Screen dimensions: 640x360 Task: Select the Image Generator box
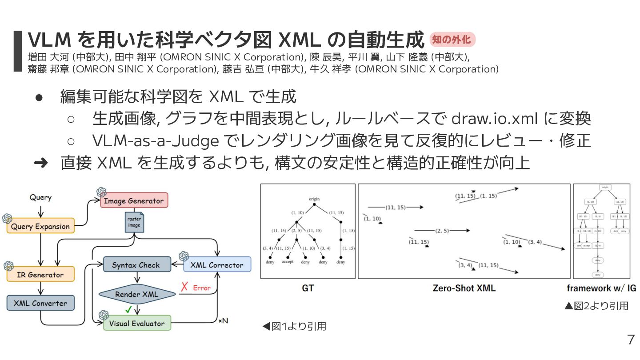tap(133, 201)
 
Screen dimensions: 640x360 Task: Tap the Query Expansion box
tap(40, 227)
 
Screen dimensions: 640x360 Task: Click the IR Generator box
tap(40, 275)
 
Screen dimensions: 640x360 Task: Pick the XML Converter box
tap(40, 304)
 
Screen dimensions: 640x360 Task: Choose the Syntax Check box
tap(136, 265)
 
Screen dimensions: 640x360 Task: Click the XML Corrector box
tap(217, 265)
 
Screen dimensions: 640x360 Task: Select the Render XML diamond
tap(136, 294)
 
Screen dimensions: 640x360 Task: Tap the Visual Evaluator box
tap(137, 324)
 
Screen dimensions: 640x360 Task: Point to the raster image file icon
tap(134, 222)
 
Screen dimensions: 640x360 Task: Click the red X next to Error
tap(184, 288)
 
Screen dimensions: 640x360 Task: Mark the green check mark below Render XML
tap(128, 309)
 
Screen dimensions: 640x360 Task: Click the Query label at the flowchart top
tap(40, 197)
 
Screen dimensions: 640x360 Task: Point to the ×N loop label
tap(223, 320)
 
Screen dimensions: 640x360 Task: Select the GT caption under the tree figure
tap(308, 288)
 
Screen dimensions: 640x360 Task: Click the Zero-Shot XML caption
tap(464, 288)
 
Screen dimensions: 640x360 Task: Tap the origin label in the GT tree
tap(314, 199)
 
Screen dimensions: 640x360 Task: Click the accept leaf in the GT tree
tap(288, 262)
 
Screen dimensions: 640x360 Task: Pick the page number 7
tap(631, 340)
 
